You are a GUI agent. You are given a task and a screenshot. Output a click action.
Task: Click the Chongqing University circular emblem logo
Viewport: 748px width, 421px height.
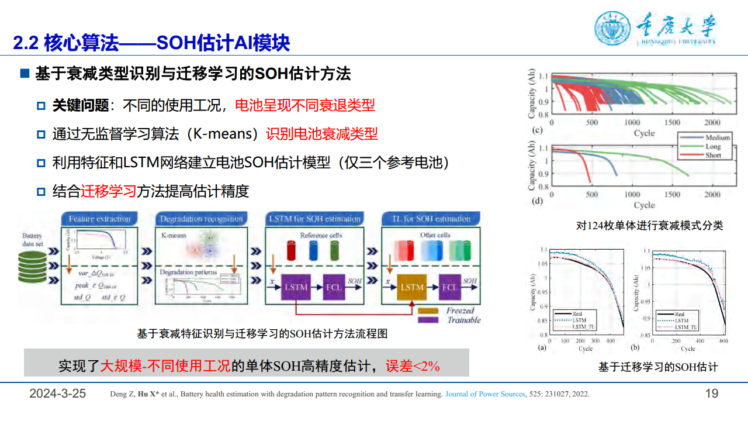click(613, 29)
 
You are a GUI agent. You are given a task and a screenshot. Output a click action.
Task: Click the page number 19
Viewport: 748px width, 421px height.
click(712, 394)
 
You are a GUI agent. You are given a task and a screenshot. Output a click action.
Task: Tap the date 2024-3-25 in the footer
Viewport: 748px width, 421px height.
click(58, 394)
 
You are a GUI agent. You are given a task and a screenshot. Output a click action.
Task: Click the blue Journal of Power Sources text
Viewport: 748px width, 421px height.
click(485, 394)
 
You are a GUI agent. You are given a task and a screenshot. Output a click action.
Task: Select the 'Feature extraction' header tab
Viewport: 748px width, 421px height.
click(99, 219)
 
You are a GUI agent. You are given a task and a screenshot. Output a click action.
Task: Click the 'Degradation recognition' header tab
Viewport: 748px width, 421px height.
click(202, 219)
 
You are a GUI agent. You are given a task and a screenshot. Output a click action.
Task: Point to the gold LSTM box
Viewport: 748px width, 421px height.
click(412, 287)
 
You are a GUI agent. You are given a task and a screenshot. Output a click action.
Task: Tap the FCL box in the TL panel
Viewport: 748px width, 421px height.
click(449, 287)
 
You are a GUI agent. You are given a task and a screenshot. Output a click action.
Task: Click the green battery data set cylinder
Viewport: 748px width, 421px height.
click(33, 267)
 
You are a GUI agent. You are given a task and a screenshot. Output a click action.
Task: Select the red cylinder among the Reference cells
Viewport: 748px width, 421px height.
click(291, 250)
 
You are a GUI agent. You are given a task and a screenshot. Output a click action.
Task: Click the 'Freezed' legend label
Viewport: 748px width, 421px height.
click(460, 310)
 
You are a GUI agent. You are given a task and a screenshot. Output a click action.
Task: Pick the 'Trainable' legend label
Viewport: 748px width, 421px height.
click(463, 320)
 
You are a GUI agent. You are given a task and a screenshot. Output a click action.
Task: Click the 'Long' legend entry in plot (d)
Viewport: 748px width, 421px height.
click(713, 147)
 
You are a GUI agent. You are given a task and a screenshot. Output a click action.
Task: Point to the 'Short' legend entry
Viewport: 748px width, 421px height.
click(713, 156)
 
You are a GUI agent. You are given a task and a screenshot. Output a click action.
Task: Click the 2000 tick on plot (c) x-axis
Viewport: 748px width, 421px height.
click(712, 123)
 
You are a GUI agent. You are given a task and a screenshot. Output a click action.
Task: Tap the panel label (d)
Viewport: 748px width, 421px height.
click(537, 202)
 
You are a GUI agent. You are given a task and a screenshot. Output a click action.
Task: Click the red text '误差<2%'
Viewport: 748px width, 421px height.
click(412, 366)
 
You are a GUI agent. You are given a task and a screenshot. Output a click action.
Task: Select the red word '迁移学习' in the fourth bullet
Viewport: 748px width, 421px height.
click(108, 191)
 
